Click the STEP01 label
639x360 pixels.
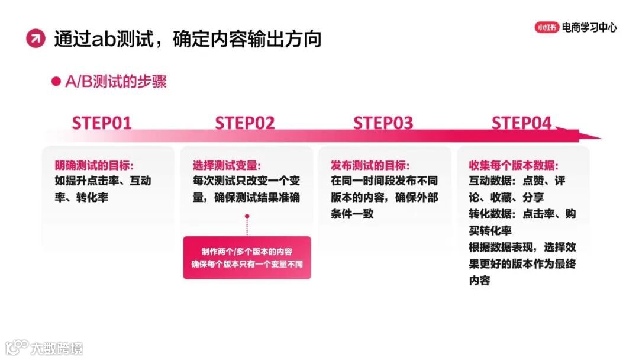[102, 123]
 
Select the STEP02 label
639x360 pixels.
[245, 123]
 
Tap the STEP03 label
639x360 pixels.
[383, 123]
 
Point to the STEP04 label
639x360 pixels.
[521, 123]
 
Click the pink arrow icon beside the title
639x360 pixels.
[35, 39]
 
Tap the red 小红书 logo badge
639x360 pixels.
[546, 27]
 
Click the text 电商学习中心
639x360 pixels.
[589, 27]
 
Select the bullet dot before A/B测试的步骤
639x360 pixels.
[56, 82]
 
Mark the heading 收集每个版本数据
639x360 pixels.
[514, 165]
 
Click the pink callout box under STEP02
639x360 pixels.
[247, 258]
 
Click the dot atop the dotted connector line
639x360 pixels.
[246, 217]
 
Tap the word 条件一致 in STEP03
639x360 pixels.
[352, 214]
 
